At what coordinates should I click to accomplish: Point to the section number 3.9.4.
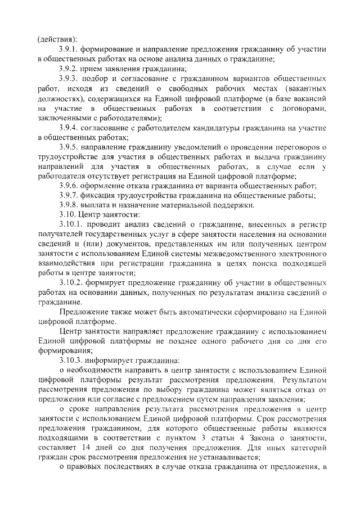coord(70,128)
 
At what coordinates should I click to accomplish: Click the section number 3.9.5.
coord(70,147)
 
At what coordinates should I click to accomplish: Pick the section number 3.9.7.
coord(70,196)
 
